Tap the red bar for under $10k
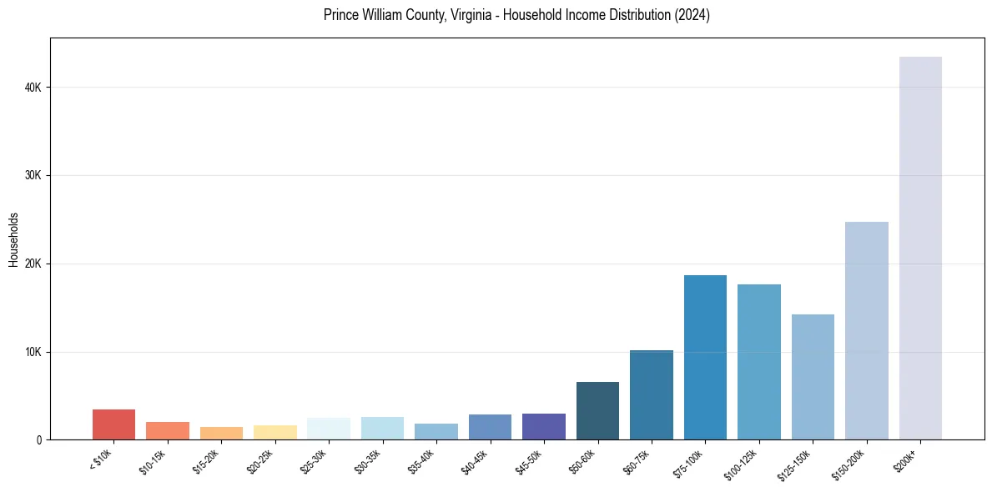pos(113,424)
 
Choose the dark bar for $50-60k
pos(597,410)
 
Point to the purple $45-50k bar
pos(544,426)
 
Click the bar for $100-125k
pos(759,362)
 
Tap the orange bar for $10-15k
pos(168,430)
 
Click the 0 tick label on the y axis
pos(38,440)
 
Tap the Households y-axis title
pos(13,239)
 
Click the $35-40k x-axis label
pos(423,460)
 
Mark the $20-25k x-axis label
pos(262,460)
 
